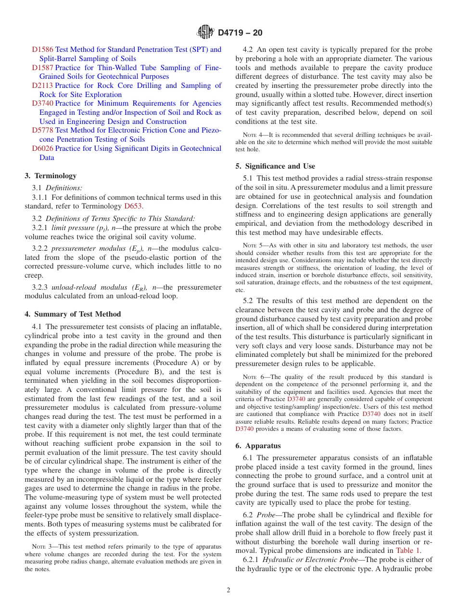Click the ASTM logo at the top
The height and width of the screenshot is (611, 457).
[x=205, y=33]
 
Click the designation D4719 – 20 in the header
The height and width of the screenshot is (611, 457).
[x=240, y=33]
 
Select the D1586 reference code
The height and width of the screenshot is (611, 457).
[x=43, y=49]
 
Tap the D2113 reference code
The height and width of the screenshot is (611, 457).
[x=43, y=86]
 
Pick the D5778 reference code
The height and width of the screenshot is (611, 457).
[x=43, y=130]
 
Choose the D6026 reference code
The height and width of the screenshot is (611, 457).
[x=43, y=148]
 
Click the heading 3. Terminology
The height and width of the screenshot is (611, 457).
[x=51, y=176]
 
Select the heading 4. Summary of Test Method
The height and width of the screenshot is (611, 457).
[x=73, y=314]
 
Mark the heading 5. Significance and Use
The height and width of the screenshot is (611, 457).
[x=275, y=166]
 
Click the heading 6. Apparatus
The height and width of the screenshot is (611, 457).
[x=258, y=446]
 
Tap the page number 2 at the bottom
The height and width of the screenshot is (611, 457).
[x=228, y=590]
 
